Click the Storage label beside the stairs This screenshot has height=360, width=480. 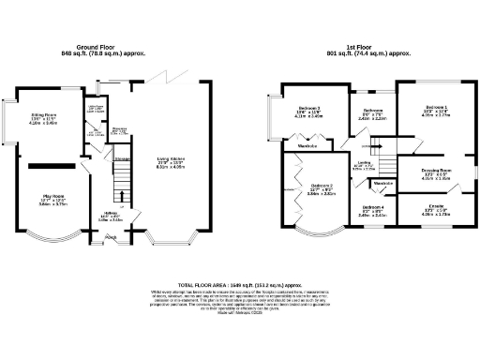click(121, 160)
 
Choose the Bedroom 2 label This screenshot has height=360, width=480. click(322, 187)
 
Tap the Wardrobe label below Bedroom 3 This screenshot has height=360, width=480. click(307, 148)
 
